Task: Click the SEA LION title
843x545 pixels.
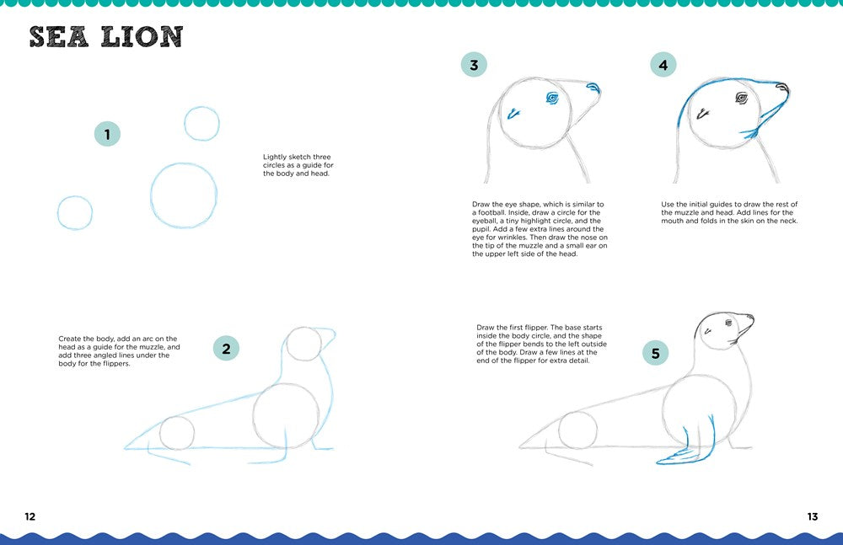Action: tap(106, 37)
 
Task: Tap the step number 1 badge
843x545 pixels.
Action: tap(107, 133)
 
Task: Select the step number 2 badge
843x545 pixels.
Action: tap(226, 348)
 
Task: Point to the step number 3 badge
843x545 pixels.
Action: tap(474, 65)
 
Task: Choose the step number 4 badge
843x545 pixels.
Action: tap(663, 65)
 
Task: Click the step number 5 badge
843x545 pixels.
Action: tap(656, 352)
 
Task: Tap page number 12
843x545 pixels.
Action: tap(30, 516)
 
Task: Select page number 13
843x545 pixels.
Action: tap(812, 516)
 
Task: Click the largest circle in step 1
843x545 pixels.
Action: tap(184, 195)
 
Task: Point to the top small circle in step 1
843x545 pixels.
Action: tap(201, 124)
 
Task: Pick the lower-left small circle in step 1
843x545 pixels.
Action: tap(75, 212)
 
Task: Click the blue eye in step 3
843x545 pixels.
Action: tap(553, 99)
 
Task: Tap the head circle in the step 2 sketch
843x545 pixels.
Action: tap(303, 344)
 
